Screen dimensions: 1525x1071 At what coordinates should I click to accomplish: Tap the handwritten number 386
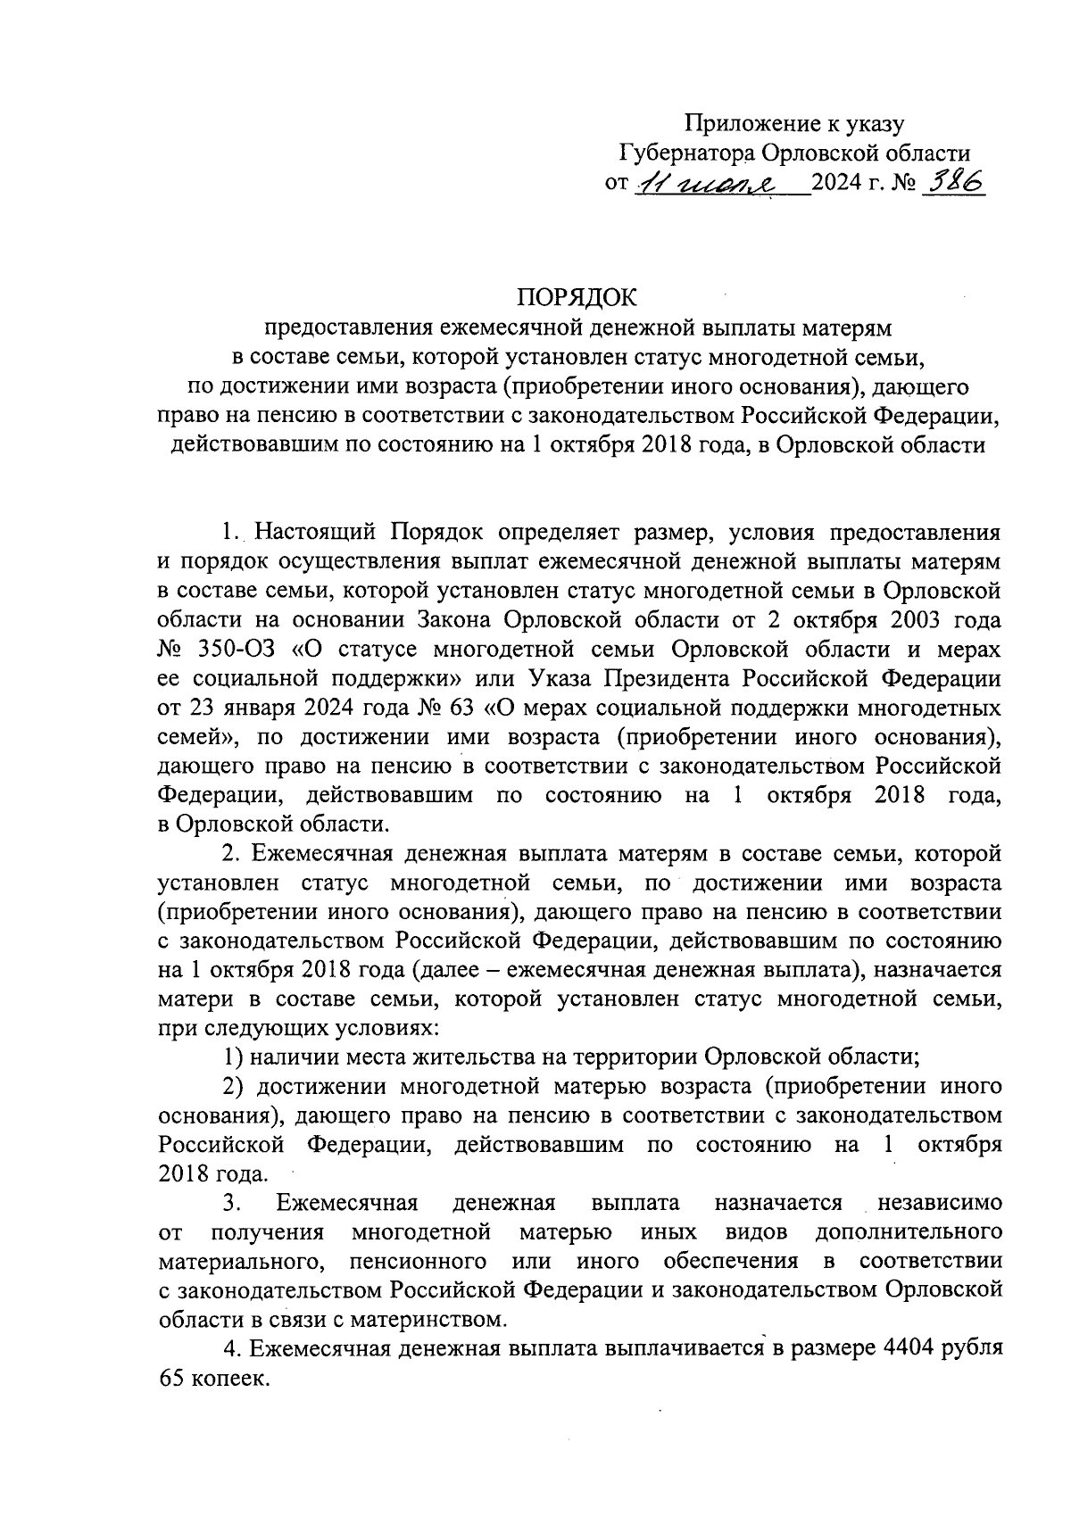point(953,183)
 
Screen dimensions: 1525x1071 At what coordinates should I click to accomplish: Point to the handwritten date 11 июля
point(705,183)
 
